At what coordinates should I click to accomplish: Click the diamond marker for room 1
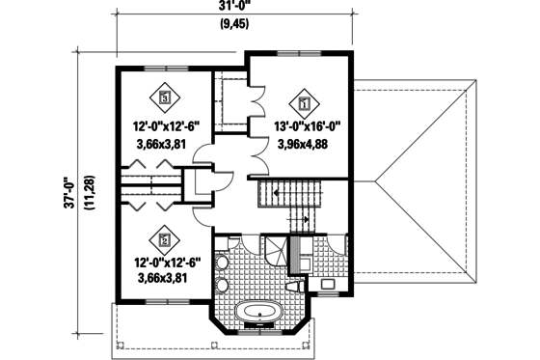pyautogui.click(x=305, y=98)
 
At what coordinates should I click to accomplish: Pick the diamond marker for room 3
pyautogui.click(x=165, y=97)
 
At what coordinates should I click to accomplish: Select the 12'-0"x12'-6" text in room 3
pyautogui.click(x=166, y=125)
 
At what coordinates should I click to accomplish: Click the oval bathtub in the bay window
pyautogui.click(x=259, y=312)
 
